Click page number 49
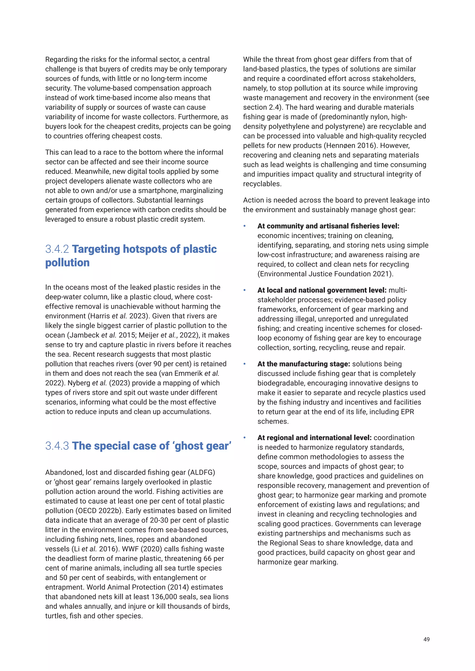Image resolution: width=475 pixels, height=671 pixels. [426, 639]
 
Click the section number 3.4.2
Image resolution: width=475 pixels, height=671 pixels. [57, 249]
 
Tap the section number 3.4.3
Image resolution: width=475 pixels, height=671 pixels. [57, 446]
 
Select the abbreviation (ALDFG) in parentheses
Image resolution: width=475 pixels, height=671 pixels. [201, 473]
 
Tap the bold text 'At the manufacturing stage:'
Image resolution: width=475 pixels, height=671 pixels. [304, 364]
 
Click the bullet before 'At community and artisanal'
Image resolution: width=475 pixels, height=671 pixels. [244, 226]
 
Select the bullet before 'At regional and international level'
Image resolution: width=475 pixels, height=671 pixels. [244, 438]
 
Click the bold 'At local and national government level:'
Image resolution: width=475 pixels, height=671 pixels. [322, 291]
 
